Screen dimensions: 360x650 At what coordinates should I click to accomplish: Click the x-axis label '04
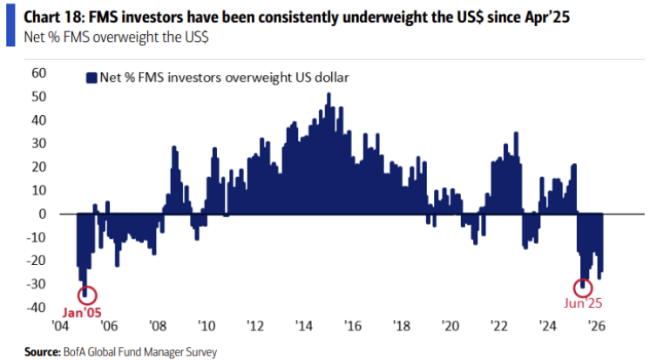59,325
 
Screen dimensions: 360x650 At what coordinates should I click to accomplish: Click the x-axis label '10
206,325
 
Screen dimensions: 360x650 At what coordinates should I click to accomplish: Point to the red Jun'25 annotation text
582,304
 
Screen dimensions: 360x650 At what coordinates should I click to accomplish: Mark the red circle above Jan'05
87,295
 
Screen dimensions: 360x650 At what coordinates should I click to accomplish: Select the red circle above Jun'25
583,287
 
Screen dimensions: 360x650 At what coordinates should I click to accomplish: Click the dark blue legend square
90,78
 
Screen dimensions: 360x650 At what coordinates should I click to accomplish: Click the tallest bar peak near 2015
328,95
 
